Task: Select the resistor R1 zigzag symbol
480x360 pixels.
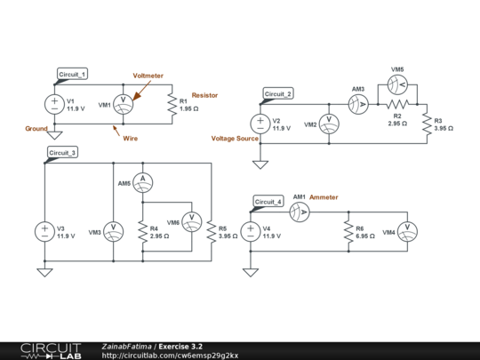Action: [172, 104]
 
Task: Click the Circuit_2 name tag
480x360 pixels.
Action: [278, 93]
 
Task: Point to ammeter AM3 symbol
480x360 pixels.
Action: [358, 104]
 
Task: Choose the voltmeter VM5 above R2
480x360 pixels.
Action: [397, 84]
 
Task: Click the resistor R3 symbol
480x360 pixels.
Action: [427, 124]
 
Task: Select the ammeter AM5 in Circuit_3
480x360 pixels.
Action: [143, 183]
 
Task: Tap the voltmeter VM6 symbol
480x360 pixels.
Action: [192, 222]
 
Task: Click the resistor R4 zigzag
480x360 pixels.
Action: [143, 232]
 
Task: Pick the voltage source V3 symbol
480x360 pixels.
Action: [44, 232]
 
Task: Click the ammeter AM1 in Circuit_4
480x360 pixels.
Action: [300, 212]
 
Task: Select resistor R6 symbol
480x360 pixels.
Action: [348, 232]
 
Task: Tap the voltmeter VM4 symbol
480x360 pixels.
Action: [407, 232]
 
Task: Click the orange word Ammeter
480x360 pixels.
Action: [324, 197]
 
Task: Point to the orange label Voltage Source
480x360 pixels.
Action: [235, 139]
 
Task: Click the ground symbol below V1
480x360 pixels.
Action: [54, 135]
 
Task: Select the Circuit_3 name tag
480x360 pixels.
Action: [63, 153]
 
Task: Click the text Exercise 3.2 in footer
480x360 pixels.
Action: [180, 347]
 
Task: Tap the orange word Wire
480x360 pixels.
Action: [131, 139]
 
